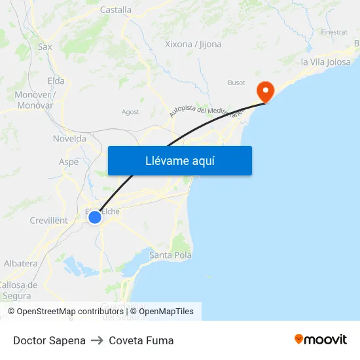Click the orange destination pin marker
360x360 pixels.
[x=266, y=91]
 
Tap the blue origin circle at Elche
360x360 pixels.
[x=95, y=217]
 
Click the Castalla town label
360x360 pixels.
[x=116, y=10]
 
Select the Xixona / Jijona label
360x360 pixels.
[x=193, y=45]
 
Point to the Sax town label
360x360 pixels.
[x=45, y=46]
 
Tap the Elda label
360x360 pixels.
[x=56, y=81]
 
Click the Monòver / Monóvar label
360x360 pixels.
[x=35, y=99]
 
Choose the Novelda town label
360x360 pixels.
[x=69, y=138]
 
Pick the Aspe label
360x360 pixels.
[x=69, y=162]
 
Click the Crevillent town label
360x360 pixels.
[x=49, y=221]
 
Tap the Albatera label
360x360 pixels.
[x=21, y=263]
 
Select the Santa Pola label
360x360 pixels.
[x=171, y=255]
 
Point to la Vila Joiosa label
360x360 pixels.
[x=325, y=62]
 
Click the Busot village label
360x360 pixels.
[x=236, y=82]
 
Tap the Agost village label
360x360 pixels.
[x=130, y=112]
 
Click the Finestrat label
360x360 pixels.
[x=334, y=31]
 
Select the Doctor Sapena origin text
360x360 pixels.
[x=49, y=340]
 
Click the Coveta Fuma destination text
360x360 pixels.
[x=141, y=340]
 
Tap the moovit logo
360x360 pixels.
[x=321, y=340]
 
